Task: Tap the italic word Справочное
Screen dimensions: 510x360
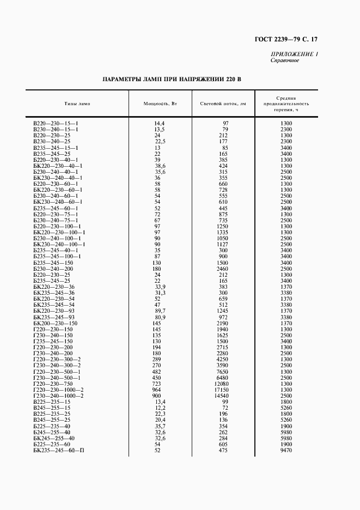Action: click(284, 60)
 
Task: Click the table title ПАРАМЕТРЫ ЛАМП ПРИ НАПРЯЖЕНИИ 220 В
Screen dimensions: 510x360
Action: click(172, 80)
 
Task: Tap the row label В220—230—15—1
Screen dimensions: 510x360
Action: click(56, 124)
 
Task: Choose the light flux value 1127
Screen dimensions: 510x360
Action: click(222, 245)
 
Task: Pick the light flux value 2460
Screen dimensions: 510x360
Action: click(222, 269)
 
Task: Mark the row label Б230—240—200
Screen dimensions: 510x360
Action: click(53, 269)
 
